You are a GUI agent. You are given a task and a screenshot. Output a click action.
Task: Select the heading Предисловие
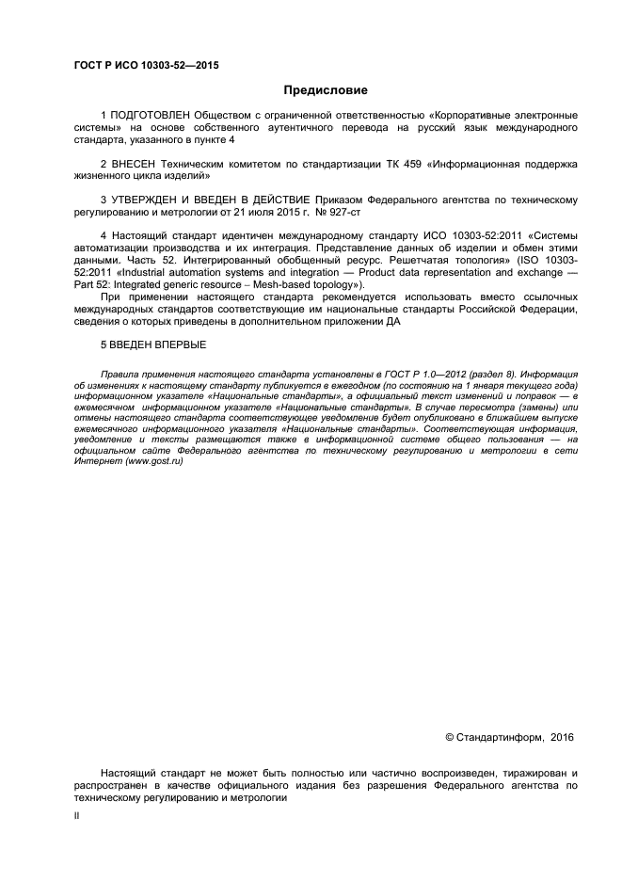click(x=326, y=90)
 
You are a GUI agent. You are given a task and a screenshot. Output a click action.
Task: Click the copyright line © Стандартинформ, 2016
click(x=508, y=737)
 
